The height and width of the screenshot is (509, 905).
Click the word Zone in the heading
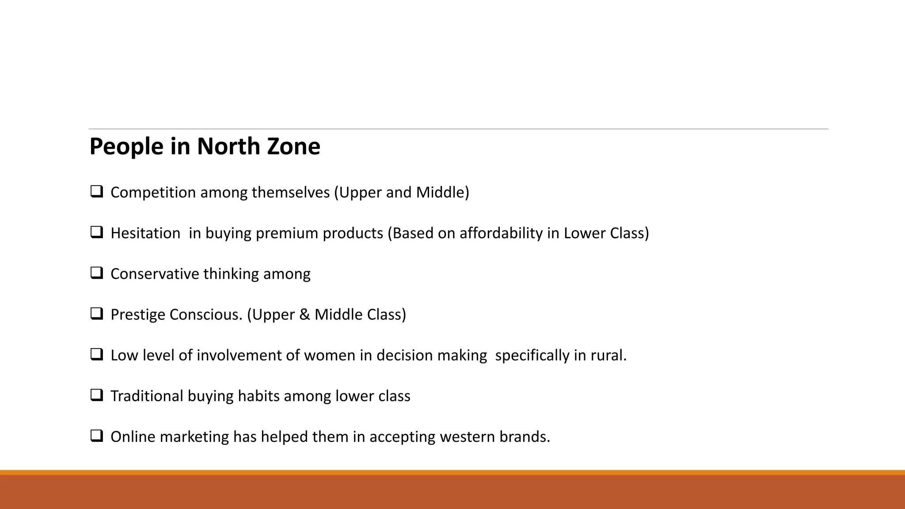293,146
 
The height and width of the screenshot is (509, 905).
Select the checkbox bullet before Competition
96,191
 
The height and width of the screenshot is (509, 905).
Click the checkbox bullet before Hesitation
96,232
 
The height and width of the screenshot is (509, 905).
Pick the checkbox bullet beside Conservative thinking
96,273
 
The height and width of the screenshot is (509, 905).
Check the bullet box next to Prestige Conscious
96,313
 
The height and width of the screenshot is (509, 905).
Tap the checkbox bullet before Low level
96,354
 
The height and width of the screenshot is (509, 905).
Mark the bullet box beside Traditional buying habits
96,395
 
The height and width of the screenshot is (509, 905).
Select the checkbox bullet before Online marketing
96,436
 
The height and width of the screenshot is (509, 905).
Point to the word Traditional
147,396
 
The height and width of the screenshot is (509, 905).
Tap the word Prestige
138,315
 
